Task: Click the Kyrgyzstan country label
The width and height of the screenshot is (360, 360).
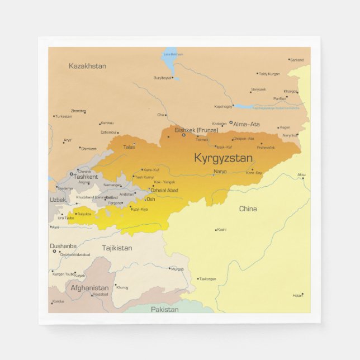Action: pos(223,158)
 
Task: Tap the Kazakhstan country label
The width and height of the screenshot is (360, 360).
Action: pos(87,66)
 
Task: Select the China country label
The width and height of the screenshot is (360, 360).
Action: pos(248,209)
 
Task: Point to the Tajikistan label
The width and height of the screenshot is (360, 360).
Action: pos(117,248)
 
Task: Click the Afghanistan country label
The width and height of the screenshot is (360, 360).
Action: pos(89,288)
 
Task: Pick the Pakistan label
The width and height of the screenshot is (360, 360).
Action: pos(164,309)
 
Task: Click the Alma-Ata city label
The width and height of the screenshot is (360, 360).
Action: pos(247,124)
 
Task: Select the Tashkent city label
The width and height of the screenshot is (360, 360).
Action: pos(86,177)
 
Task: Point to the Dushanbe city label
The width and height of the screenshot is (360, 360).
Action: pos(63,246)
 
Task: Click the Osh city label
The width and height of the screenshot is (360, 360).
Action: pos(150,199)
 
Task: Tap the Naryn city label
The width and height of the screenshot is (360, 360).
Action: pos(220,172)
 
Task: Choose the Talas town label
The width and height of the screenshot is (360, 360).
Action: pos(129,147)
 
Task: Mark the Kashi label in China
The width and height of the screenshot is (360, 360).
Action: pos(221,230)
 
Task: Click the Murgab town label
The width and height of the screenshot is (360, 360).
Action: pos(177,269)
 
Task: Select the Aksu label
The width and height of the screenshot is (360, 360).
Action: pos(301,174)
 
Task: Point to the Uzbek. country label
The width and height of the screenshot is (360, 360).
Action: pos(58,200)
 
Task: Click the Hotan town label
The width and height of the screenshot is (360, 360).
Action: pos(298,295)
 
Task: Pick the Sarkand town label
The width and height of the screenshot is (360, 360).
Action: pos(297,60)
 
